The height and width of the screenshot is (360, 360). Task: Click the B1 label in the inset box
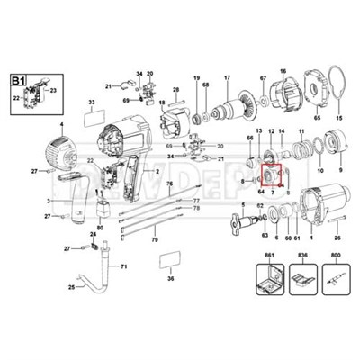click(x=17, y=81)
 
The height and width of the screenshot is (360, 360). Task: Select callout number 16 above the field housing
click(x=282, y=71)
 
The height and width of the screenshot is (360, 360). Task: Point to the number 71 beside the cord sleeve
click(x=124, y=267)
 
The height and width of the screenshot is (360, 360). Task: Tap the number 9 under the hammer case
click(x=340, y=168)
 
